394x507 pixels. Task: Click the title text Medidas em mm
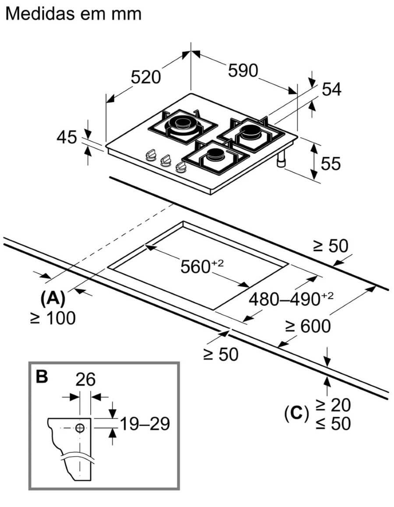coord(74,14)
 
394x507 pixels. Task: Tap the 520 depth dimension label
coord(146,77)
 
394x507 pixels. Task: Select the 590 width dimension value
coord(243,70)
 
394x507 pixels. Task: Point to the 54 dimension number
coord(331,89)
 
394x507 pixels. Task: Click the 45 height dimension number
coord(67,137)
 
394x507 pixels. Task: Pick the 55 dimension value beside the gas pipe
coord(331,163)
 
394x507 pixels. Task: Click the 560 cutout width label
coord(202,266)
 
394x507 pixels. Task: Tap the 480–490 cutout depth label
coord(291,299)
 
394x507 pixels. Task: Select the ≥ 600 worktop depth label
coord(308,326)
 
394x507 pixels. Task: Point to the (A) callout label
coord(53,298)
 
